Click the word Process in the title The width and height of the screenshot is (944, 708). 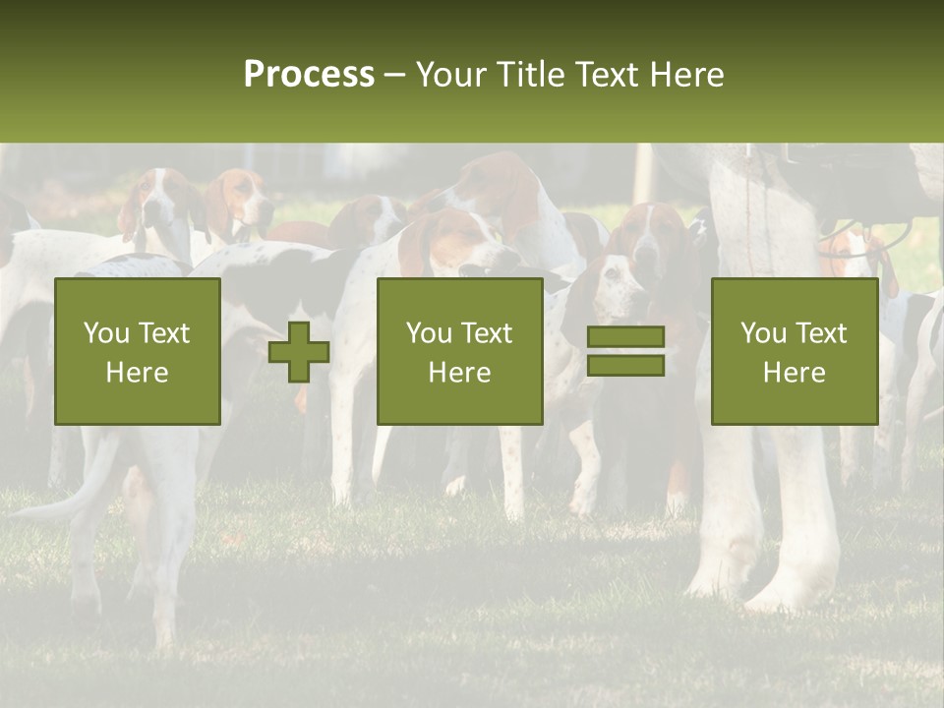click(309, 75)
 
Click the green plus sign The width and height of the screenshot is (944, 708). click(299, 352)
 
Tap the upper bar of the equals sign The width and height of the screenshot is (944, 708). click(625, 337)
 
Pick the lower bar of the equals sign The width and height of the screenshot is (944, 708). click(625, 366)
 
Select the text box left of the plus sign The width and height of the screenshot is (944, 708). click(138, 352)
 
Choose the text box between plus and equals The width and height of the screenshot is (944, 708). click(460, 352)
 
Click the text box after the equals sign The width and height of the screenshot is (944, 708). click(795, 352)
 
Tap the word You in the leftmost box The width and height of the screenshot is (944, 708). click(104, 333)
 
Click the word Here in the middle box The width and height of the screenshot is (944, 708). click(460, 373)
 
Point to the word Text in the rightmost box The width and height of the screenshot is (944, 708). click(819, 333)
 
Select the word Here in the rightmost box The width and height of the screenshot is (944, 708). click(795, 373)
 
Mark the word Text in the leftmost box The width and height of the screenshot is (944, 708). click(162, 333)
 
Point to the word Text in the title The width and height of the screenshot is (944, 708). click(602, 75)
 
